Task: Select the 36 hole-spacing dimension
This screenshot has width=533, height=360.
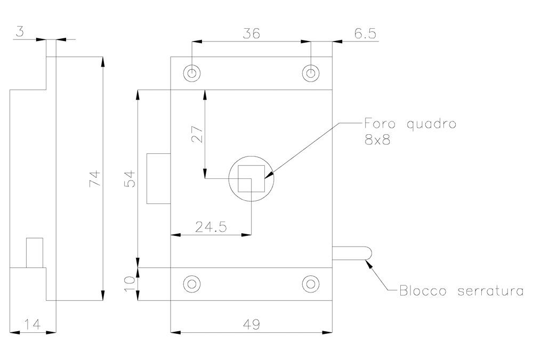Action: [x=251, y=34]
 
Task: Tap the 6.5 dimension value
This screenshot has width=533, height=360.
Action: [x=365, y=34]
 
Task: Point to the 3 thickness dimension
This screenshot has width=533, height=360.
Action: [x=20, y=32]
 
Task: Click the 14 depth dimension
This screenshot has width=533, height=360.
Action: [x=33, y=324]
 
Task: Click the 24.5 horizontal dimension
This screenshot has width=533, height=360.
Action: [x=211, y=227]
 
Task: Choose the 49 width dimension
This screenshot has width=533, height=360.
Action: [x=251, y=324]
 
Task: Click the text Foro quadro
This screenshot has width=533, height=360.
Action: [x=410, y=124]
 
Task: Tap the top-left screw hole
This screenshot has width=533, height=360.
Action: [x=192, y=73]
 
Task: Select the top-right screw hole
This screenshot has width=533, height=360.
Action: [x=311, y=73]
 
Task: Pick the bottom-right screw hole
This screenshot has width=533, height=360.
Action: [x=311, y=284]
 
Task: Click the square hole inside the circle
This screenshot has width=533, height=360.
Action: [x=251, y=178]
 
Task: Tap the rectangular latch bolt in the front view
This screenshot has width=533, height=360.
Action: [x=158, y=178]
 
